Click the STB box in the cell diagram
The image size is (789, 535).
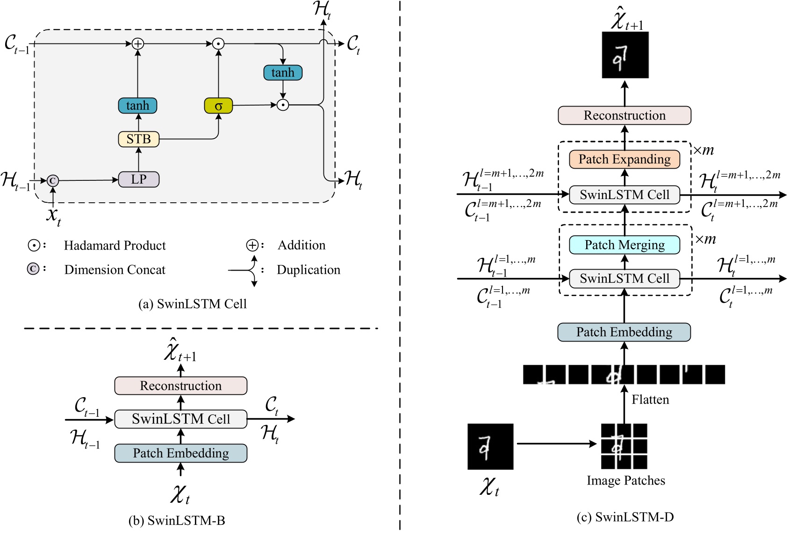pos(138,139)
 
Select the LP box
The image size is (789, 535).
pos(138,179)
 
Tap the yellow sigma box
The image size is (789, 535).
pos(218,106)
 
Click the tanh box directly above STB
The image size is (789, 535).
pos(137,106)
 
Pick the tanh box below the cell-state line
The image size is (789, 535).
pos(283,72)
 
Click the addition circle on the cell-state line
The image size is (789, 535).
pos(137,44)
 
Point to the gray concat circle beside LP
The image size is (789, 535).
pos(53,180)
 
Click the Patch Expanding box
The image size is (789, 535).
pos(624,159)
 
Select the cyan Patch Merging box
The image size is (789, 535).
pos(624,245)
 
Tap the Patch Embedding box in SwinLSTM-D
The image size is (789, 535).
pos(624,332)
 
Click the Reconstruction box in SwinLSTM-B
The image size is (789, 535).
pos(181,386)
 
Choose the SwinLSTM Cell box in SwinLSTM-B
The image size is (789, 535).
pos(181,419)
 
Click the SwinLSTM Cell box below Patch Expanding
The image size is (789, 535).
pos(624,195)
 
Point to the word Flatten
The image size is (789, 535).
pos(650,400)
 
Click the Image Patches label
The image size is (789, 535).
pos(626,481)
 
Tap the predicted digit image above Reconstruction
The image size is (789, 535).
pos(625,55)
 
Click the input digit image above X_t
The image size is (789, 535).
pos(490,447)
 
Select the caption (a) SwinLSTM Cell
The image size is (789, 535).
pos(193,304)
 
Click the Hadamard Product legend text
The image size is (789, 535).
pos(115,246)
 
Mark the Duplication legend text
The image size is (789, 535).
pos(308,270)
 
